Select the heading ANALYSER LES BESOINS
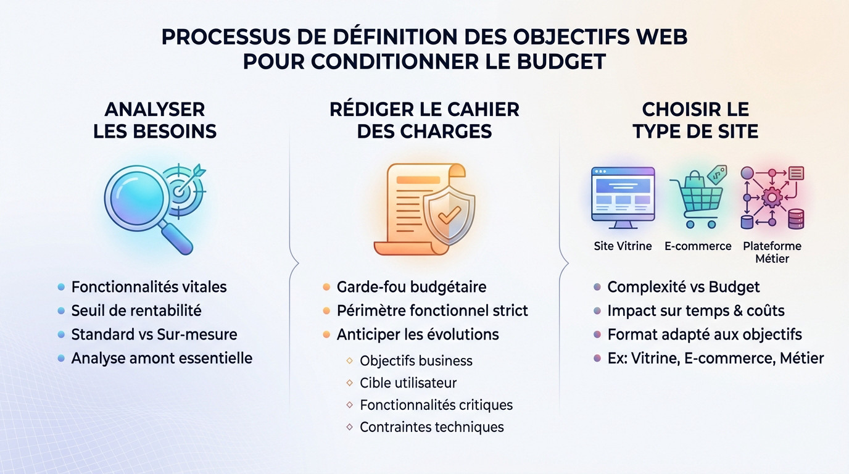click(155, 120)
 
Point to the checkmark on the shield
click(449, 215)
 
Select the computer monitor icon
click(623, 197)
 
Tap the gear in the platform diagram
click(772, 197)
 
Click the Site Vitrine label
click(623, 246)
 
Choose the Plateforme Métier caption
click(772, 252)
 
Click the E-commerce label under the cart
click(698, 246)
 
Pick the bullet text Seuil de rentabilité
click(136, 310)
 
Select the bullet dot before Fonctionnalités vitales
click(61, 287)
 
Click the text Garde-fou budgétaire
click(412, 287)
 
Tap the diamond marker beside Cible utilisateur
click(349, 383)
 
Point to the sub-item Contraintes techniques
click(432, 427)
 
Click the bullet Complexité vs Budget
click(684, 287)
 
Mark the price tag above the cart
click(717, 175)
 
